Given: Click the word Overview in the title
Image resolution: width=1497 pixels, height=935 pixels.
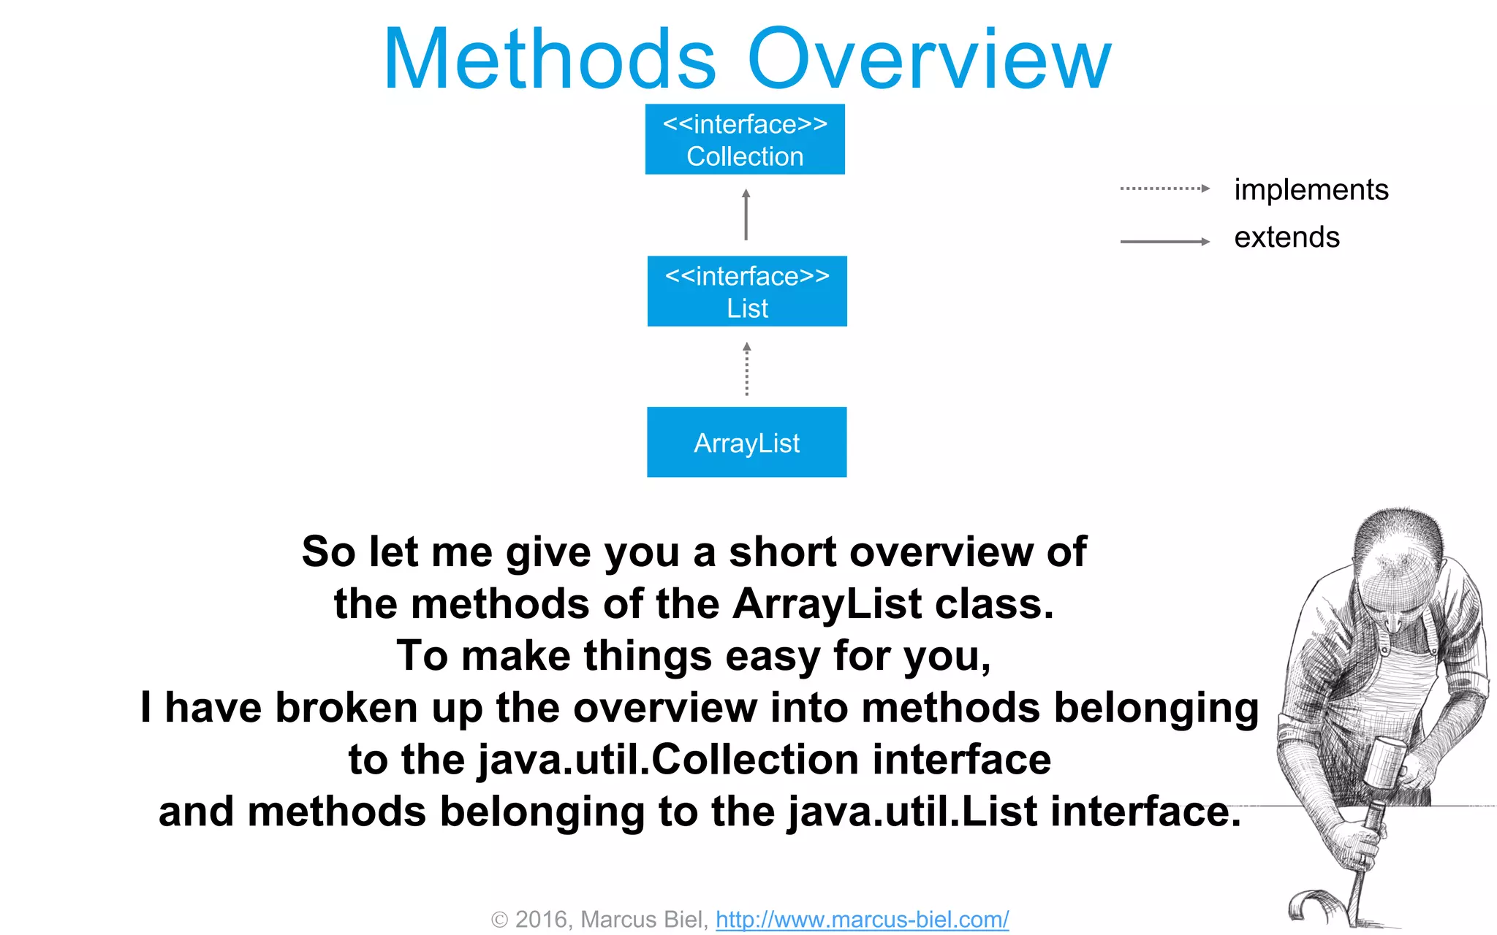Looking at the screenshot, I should point(930,60).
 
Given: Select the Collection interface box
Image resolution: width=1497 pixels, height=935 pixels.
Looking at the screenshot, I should point(745,140).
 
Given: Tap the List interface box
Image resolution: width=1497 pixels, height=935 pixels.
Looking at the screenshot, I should point(747,291).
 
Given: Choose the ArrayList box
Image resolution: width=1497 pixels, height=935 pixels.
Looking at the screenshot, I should point(746,443).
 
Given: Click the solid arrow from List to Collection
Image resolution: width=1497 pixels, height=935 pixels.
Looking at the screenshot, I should point(746,215).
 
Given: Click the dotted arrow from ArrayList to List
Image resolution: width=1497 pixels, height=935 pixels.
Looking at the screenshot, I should point(746,370).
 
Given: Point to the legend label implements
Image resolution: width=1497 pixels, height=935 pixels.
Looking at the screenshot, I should point(1311,190).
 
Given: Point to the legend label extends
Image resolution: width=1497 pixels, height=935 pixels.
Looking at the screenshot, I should point(1286,237).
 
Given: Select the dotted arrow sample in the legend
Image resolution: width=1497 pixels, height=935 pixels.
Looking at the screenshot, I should point(1164,188).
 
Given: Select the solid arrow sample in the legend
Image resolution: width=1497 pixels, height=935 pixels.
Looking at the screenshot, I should point(1164,242).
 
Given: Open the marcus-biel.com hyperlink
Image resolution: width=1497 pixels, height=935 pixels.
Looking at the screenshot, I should point(862,919).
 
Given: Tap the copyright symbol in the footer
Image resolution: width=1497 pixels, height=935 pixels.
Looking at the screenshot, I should point(499,920).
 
